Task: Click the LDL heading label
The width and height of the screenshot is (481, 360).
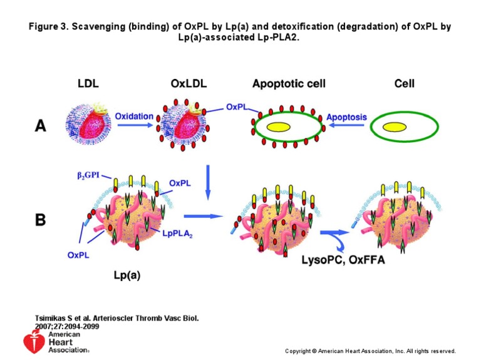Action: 88,83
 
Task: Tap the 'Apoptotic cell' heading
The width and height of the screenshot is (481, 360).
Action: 289,83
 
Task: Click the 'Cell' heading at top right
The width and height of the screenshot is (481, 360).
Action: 404,83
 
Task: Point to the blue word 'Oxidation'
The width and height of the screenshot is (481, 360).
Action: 134,116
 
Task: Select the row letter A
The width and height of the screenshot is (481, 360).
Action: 41,127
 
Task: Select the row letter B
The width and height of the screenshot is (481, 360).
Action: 41,220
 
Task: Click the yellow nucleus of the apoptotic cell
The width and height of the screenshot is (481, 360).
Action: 279,126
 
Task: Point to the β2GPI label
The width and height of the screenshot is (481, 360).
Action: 88,176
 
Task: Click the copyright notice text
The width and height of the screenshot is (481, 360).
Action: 370,351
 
